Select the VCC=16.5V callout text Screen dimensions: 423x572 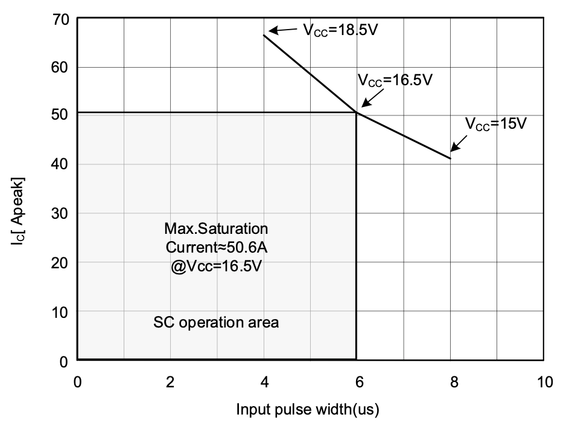click(x=395, y=80)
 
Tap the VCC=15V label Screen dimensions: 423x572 click(x=497, y=124)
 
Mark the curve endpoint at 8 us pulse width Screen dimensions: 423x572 click(x=451, y=158)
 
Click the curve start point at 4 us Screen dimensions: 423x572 click(x=264, y=35)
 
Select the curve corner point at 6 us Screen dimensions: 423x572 click(x=357, y=112)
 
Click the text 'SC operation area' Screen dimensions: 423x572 click(x=216, y=322)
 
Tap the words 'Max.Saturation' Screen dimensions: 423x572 click(x=216, y=229)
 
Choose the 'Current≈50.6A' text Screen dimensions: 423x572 click(x=216, y=247)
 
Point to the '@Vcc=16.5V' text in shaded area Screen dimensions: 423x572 click(x=216, y=265)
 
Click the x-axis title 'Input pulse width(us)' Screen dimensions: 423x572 click(x=308, y=410)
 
